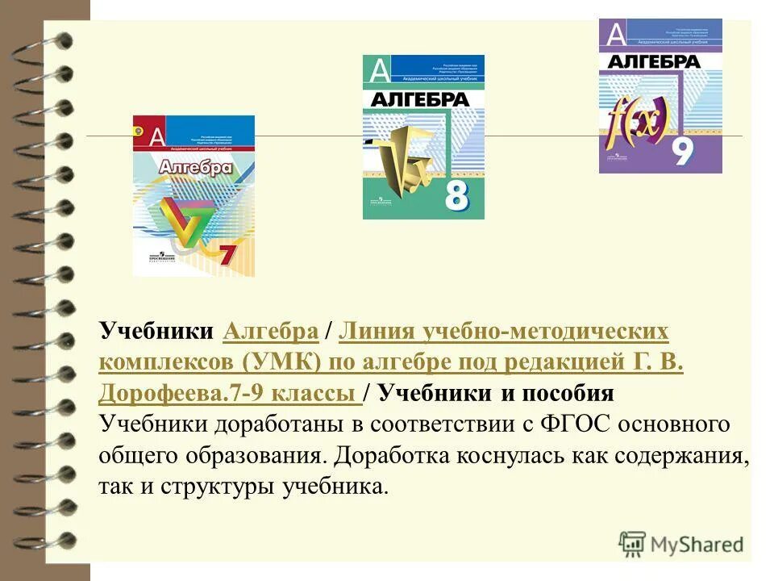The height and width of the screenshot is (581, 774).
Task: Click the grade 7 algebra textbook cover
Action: coord(193,196)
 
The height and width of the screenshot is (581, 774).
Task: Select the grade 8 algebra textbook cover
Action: coord(423,137)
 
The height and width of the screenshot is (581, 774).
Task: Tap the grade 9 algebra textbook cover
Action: coord(660,96)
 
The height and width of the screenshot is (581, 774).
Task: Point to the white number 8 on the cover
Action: coord(456,197)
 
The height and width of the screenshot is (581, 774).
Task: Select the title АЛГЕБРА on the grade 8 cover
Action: coord(419,99)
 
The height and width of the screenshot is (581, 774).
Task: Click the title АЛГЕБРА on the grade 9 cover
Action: coord(653,62)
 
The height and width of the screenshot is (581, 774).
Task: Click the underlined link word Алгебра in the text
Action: coord(269,332)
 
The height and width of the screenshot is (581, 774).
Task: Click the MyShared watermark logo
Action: coord(682,543)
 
